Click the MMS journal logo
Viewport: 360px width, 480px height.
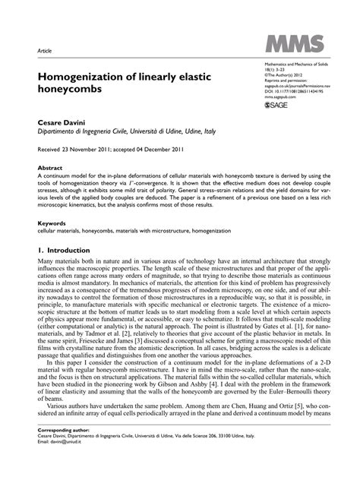click(x=293, y=45)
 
